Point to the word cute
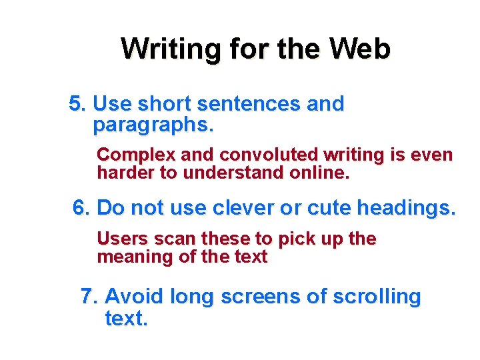click(x=329, y=209)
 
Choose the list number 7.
click(x=89, y=297)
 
